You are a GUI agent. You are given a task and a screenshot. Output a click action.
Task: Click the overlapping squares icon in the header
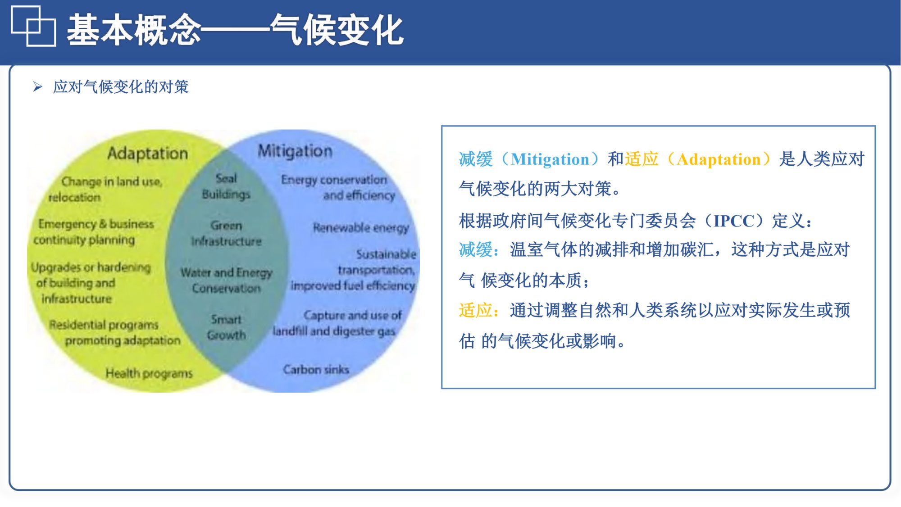pyautogui.click(x=33, y=26)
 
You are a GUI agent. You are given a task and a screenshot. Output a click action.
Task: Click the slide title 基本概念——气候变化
pyautogui.click(x=235, y=30)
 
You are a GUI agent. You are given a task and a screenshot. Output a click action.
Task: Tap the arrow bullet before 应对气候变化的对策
pyautogui.click(x=38, y=86)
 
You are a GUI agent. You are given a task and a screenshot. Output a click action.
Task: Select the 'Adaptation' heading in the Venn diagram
pyautogui.click(x=147, y=154)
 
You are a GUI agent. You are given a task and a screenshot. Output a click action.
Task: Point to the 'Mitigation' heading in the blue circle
pyautogui.click(x=295, y=151)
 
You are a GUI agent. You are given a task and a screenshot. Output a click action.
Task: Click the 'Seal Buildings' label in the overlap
pyautogui.click(x=226, y=186)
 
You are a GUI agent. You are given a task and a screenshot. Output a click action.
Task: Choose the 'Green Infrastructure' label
pyautogui.click(x=226, y=233)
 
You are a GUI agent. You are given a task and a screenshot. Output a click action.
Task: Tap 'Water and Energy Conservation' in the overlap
pyautogui.click(x=227, y=280)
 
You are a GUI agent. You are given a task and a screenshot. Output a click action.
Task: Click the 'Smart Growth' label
pyautogui.click(x=227, y=327)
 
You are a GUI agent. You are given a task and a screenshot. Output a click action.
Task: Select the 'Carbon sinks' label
pyautogui.click(x=316, y=370)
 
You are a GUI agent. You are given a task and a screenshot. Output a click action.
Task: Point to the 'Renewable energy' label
pyautogui.click(x=361, y=228)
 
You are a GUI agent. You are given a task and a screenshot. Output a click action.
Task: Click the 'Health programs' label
pyautogui.click(x=149, y=373)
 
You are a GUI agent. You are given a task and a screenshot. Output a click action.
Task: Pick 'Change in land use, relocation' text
pyautogui.click(x=105, y=189)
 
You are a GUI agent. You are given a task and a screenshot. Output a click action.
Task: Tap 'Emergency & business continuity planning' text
pyautogui.click(x=94, y=232)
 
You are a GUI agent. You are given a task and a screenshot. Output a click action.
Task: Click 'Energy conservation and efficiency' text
pyautogui.click(x=338, y=187)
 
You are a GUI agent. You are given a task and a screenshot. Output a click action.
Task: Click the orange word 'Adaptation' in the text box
pyautogui.click(x=719, y=159)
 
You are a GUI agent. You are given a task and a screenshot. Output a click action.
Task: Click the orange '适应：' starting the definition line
pyautogui.click(x=479, y=310)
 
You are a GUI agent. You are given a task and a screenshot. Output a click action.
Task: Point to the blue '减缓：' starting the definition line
pyautogui.click(x=479, y=249)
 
